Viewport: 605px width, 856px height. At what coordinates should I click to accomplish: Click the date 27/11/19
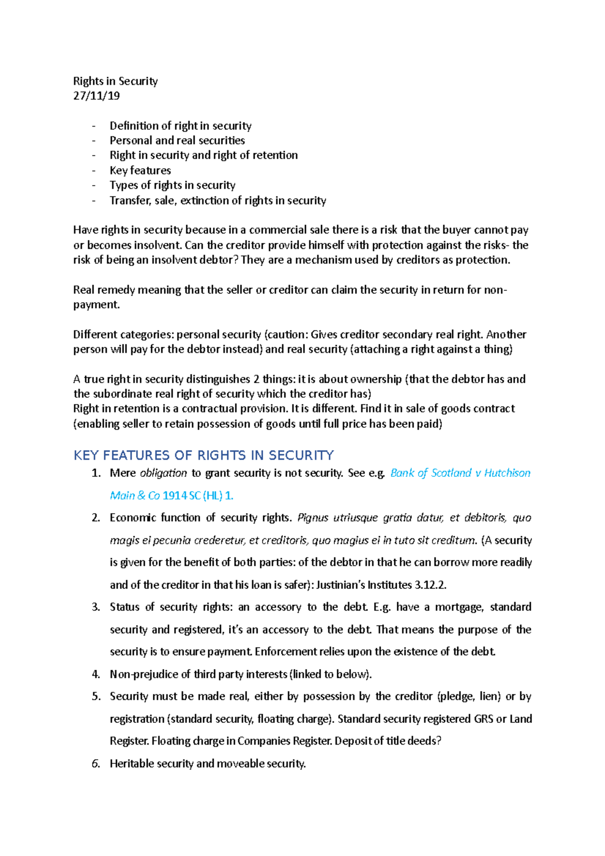[x=96, y=96]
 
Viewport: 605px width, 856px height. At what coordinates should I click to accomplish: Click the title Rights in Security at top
[x=115, y=81]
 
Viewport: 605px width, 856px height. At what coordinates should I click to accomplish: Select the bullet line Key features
[x=140, y=170]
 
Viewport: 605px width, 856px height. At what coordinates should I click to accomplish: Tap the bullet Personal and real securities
[x=177, y=140]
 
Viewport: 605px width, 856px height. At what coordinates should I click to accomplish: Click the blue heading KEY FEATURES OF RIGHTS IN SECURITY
[x=203, y=455]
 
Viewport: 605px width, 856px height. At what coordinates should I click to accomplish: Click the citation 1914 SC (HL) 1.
[x=198, y=496]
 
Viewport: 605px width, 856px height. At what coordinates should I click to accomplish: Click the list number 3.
[x=96, y=607]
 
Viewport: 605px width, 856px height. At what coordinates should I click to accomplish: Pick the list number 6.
[x=96, y=764]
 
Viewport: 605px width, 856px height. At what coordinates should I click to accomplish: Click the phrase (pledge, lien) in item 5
[x=469, y=696]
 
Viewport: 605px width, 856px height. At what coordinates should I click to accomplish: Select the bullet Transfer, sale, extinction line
[x=218, y=201]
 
